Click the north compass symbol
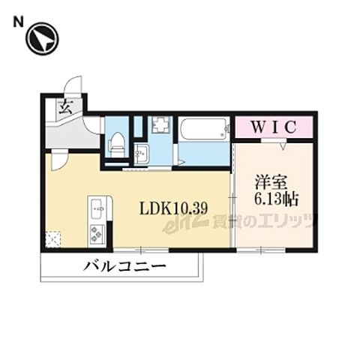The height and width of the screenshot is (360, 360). click(x=42, y=38)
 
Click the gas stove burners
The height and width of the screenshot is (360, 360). click(x=97, y=233)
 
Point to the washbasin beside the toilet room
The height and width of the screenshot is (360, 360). click(x=142, y=154)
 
